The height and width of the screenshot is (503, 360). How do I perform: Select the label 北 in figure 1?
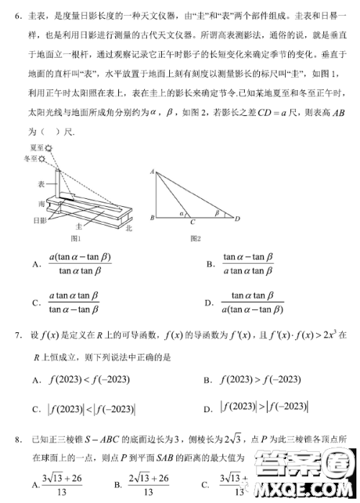(127, 228)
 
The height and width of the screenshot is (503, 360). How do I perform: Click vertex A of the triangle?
(153, 172)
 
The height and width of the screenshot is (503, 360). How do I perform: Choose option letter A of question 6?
(36, 264)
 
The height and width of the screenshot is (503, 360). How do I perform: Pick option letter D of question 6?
(209, 303)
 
